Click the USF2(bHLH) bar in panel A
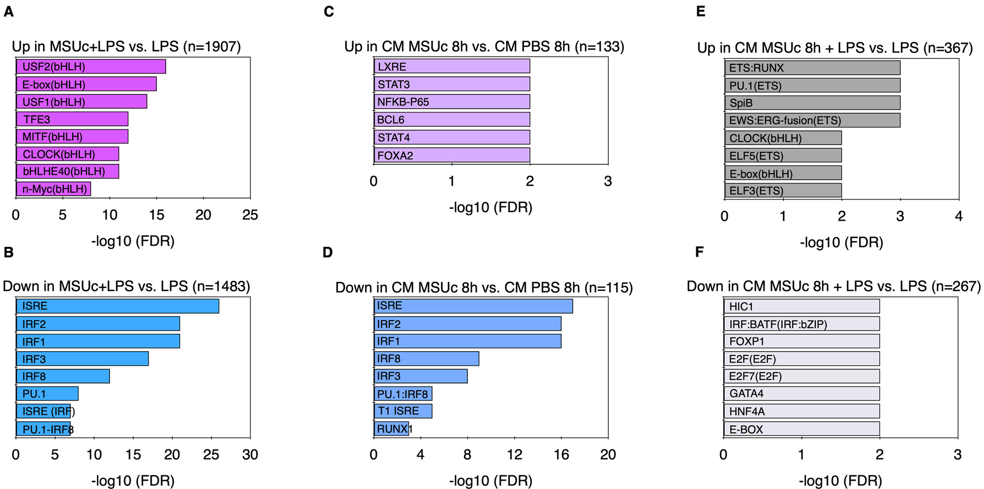coord(91,66)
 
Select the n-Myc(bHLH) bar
coord(53,189)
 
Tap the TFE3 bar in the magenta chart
coord(72,119)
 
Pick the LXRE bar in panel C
coord(451,66)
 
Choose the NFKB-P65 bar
coord(451,102)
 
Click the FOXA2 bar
coord(451,155)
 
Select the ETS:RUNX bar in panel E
coord(812,68)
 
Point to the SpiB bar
coord(812,103)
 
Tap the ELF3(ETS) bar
coord(783,190)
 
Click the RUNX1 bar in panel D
coord(391,429)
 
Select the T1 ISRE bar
coord(402,411)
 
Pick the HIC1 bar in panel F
coord(801,306)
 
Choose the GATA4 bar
coord(801,393)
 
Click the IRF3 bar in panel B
coord(82,359)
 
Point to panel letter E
coord(701,11)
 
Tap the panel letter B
coord(8,252)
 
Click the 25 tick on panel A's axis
coord(250,215)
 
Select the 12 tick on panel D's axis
coord(515,455)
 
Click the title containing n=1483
coord(126,286)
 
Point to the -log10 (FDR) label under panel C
coord(491,207)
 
